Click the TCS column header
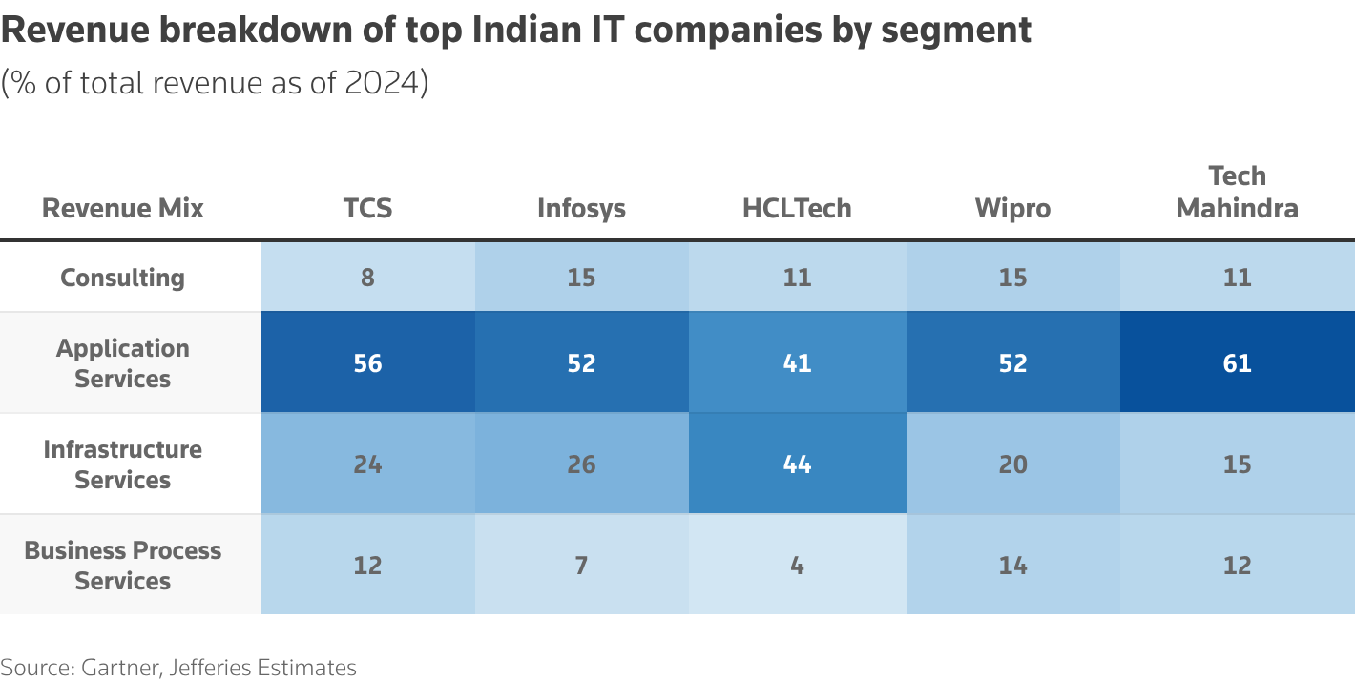click(367, 208)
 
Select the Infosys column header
click(581, 208)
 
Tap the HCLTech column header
click(797, 208)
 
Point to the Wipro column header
click(1012, 208)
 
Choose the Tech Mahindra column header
click(1237, 192)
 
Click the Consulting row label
click(122, 278)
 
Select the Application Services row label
click(122, 363)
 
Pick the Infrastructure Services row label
click(122, 464)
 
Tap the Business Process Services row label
click(122, 566)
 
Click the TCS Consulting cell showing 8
click(367, 278)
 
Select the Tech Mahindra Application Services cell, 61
click(1237, 363)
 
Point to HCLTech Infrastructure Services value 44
click(797, 464)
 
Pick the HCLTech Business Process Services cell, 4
click(797, 566)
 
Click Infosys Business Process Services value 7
click(581, 566)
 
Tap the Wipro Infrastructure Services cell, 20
click(1012, 464)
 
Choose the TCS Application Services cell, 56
click(367, 363)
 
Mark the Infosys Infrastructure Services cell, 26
click(581, 464)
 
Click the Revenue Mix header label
click(122, 208)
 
